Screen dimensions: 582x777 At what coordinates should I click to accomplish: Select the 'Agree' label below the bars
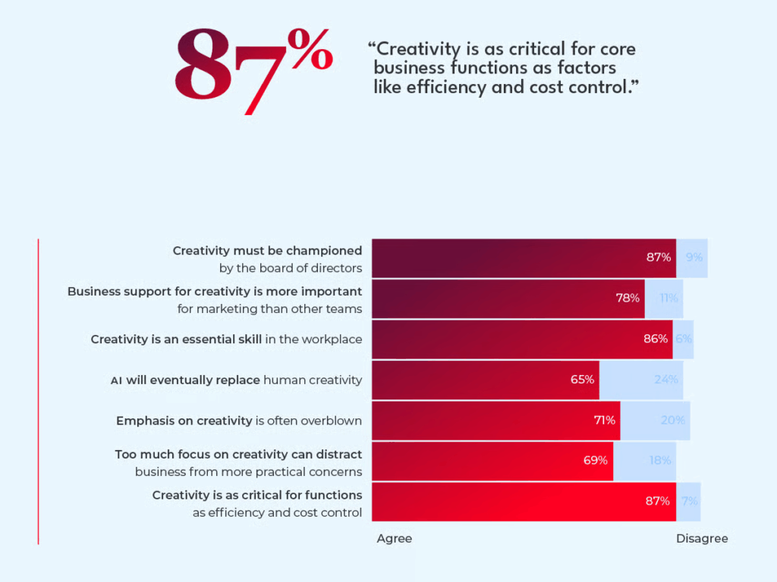tap(395, 539)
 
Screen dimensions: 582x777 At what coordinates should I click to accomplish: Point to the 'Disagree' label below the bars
tap(702, 539)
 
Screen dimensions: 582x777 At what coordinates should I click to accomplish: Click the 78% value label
tap(628, 298)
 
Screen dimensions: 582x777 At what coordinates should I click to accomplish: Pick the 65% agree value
tap(582, 380)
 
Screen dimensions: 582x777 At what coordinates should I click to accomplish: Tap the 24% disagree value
tap(665, 380)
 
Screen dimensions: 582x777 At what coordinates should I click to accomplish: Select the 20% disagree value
tap(673, 421)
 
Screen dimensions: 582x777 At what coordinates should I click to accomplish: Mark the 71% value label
tap(605, 421)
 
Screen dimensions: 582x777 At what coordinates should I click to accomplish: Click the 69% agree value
tap(596, 460)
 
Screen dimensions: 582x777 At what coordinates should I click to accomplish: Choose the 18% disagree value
tap(659, 460)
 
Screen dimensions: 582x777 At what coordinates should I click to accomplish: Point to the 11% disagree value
tap(668, 298)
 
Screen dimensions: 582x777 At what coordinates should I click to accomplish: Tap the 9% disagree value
tap(694, 258)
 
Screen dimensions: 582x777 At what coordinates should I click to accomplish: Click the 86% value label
tap(656, 339)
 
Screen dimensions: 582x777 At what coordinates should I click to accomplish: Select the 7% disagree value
tap(690, 501)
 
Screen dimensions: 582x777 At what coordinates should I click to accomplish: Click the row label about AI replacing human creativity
tap(236, 380)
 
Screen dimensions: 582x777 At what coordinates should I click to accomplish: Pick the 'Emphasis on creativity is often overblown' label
tap(239, 421)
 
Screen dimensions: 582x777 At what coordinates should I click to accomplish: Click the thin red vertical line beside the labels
tap(38, 391)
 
